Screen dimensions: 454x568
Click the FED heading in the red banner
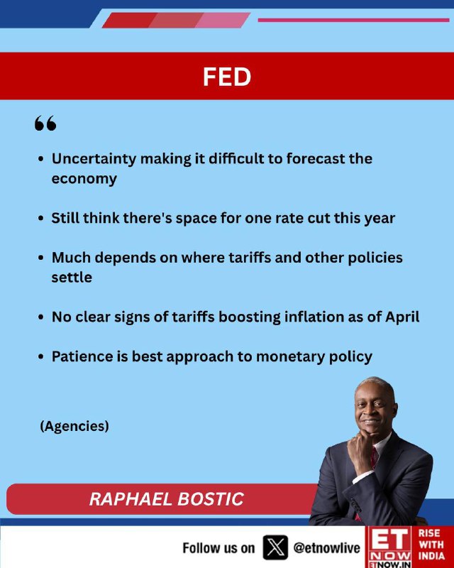(226, 77)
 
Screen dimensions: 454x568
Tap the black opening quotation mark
(45, 123)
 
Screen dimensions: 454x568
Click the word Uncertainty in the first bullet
(94, 159)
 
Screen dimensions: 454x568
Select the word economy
(84, 180)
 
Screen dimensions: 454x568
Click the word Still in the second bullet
(65, 218)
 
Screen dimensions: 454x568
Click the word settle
(72, 278)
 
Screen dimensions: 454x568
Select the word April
(402, 317)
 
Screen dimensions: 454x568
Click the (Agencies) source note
(74, 426)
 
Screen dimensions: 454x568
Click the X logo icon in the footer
(275, 547)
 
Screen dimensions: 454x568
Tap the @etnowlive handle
(326, 548)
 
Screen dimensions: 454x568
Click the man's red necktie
(373, 457)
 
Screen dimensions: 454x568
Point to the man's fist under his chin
(360, 447)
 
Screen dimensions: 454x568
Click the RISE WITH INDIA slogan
(431, 545)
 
